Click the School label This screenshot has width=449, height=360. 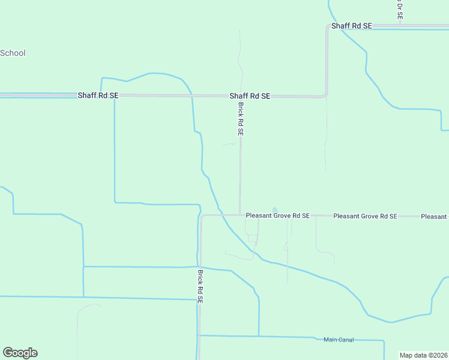13,53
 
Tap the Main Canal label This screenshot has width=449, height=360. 339,340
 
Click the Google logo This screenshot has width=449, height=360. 20,353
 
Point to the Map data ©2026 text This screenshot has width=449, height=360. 423,355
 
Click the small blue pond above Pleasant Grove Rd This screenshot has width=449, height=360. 275,210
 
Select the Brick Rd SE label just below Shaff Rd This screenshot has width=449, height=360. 240,118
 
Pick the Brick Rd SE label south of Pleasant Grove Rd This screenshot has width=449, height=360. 200,286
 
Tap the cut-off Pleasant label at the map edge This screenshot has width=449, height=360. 435,216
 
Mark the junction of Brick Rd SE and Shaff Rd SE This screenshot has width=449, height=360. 241,96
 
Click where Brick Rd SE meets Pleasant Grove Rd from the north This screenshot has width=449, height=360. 241,215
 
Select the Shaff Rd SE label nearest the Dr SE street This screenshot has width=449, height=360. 352,26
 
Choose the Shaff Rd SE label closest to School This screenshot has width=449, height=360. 98,95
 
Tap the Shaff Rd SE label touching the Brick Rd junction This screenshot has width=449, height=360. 250,96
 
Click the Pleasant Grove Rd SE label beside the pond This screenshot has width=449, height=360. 278,215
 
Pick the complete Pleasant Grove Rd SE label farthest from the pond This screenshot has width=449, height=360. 365,216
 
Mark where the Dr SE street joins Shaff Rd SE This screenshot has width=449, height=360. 400,26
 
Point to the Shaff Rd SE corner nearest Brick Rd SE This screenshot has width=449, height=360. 326,95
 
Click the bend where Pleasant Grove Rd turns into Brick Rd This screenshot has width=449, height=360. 202,216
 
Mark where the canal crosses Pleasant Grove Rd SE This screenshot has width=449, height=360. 221,215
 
